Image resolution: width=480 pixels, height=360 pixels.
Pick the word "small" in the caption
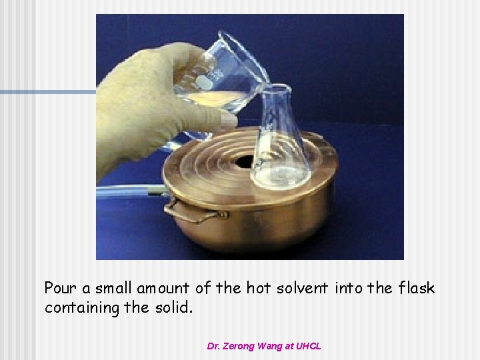click(x=114, y=289)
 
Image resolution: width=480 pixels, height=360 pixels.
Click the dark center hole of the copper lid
click(x=244, y=161)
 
